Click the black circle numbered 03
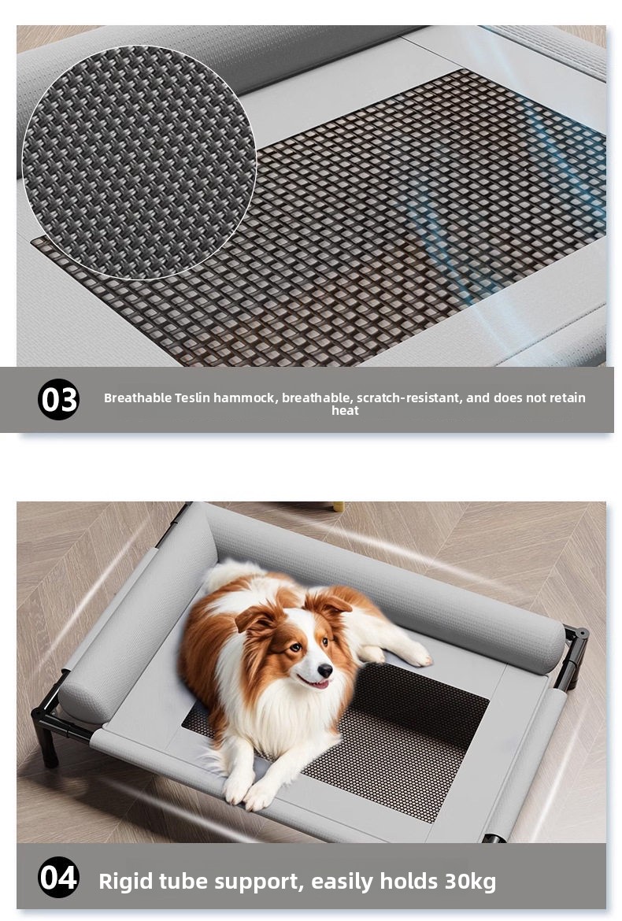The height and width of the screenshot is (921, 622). pos(59,399)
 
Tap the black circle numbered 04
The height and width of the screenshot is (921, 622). pos(59,878)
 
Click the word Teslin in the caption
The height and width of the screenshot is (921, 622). pos(192,398)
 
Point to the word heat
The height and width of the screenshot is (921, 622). pos(345,411)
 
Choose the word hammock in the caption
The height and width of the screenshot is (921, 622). pos(244,398)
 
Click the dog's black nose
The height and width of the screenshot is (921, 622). pos(325,670)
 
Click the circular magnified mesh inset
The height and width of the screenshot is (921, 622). pos(139,162)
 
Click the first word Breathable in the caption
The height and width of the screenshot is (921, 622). pos(138,398)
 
